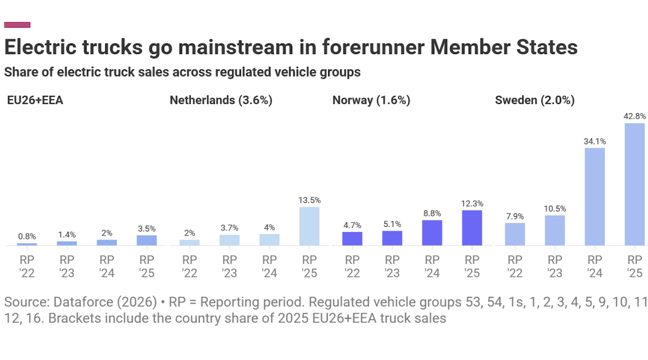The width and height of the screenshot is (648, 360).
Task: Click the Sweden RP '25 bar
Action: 634,185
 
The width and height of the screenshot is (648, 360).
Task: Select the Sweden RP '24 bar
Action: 595,197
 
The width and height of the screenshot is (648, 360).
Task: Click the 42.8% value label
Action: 634,117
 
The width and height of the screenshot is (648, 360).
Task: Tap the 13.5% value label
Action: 309,200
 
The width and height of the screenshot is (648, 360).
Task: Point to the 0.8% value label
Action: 27,236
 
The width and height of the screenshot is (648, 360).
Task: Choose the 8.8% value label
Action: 432,213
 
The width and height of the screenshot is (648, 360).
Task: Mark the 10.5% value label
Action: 555,209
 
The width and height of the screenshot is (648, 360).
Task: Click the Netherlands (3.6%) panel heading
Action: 221,100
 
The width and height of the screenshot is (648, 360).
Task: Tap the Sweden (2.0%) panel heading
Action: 534,100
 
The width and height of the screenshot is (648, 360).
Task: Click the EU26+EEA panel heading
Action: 35,100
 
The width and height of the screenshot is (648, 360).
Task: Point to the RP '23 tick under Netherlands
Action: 230,266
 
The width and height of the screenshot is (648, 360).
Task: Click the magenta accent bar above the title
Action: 17,24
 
